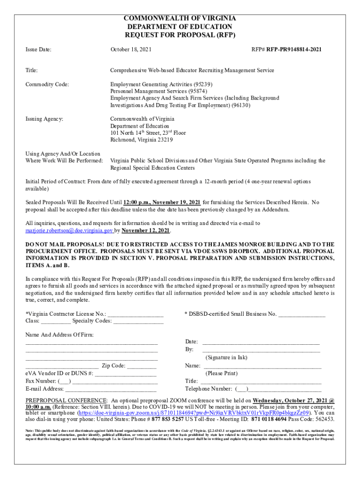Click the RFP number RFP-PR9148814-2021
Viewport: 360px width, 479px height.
tap(294, 49)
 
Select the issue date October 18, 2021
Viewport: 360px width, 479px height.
tap(130, 49)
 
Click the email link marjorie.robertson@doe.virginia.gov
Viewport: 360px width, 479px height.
tap(69, 231)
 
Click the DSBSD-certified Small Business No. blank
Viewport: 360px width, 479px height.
tap(302, 314)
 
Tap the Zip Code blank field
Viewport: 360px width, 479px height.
tap(141, 366)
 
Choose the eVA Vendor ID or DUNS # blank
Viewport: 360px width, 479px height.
tap(126, 374)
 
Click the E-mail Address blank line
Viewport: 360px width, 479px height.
tap(111, 389)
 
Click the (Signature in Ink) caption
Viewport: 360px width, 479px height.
tap(226, 357)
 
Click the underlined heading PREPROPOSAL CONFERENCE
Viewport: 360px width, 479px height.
tap(66, 400)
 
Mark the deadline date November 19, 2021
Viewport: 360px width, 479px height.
tap(174, 202)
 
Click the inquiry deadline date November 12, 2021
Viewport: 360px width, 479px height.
tap(146, 231)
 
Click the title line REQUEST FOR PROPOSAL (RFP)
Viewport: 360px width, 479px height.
tap(180, 35)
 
